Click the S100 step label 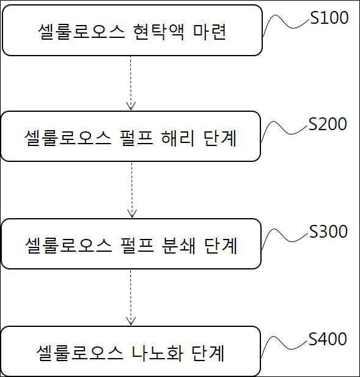coord(329,18)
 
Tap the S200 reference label coord(328,124)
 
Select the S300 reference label coord(328,232)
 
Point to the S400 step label coord(328,339)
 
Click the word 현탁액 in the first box coord(159,32)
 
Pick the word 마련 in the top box coord(210,32)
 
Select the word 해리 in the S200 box coord(178,137)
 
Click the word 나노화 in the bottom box coord(158,353)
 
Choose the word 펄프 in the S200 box coord(136,137)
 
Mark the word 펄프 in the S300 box coord(137,245)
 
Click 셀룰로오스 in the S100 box coord(81,32)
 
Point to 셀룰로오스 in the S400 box coord(79,353)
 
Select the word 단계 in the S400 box coord(208,353)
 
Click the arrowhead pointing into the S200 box coord(131,106)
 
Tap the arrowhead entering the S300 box coord(132,213)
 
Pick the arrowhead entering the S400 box coord(131,321)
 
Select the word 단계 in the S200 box coord(220,137)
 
